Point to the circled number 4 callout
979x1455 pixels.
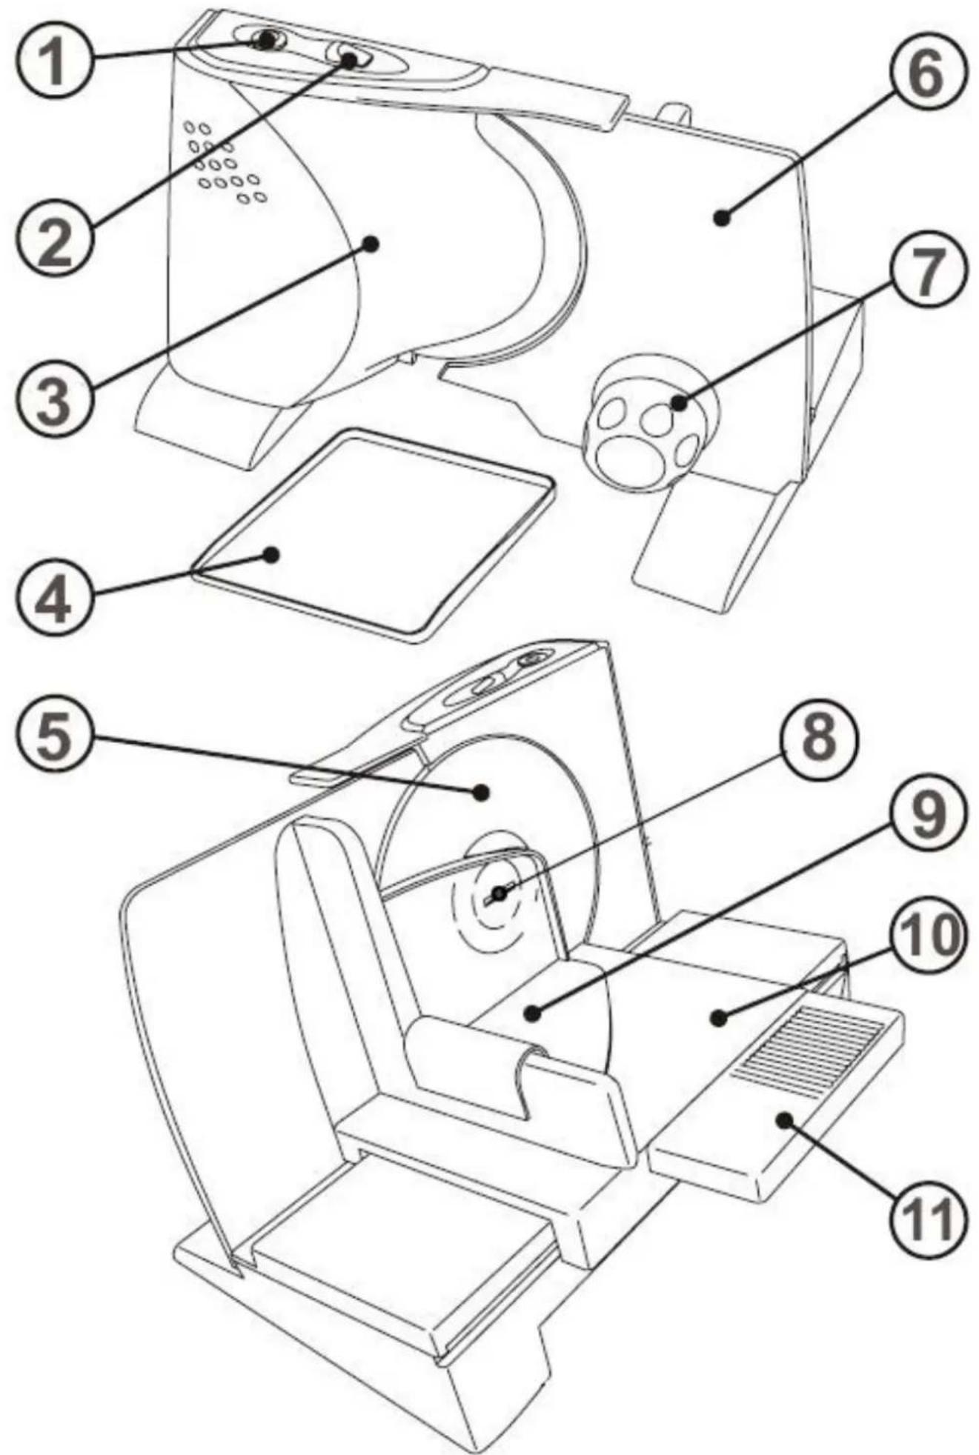coord(53,597)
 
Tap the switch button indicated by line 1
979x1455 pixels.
coord(264,41)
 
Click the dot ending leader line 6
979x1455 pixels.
coord(719,217)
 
